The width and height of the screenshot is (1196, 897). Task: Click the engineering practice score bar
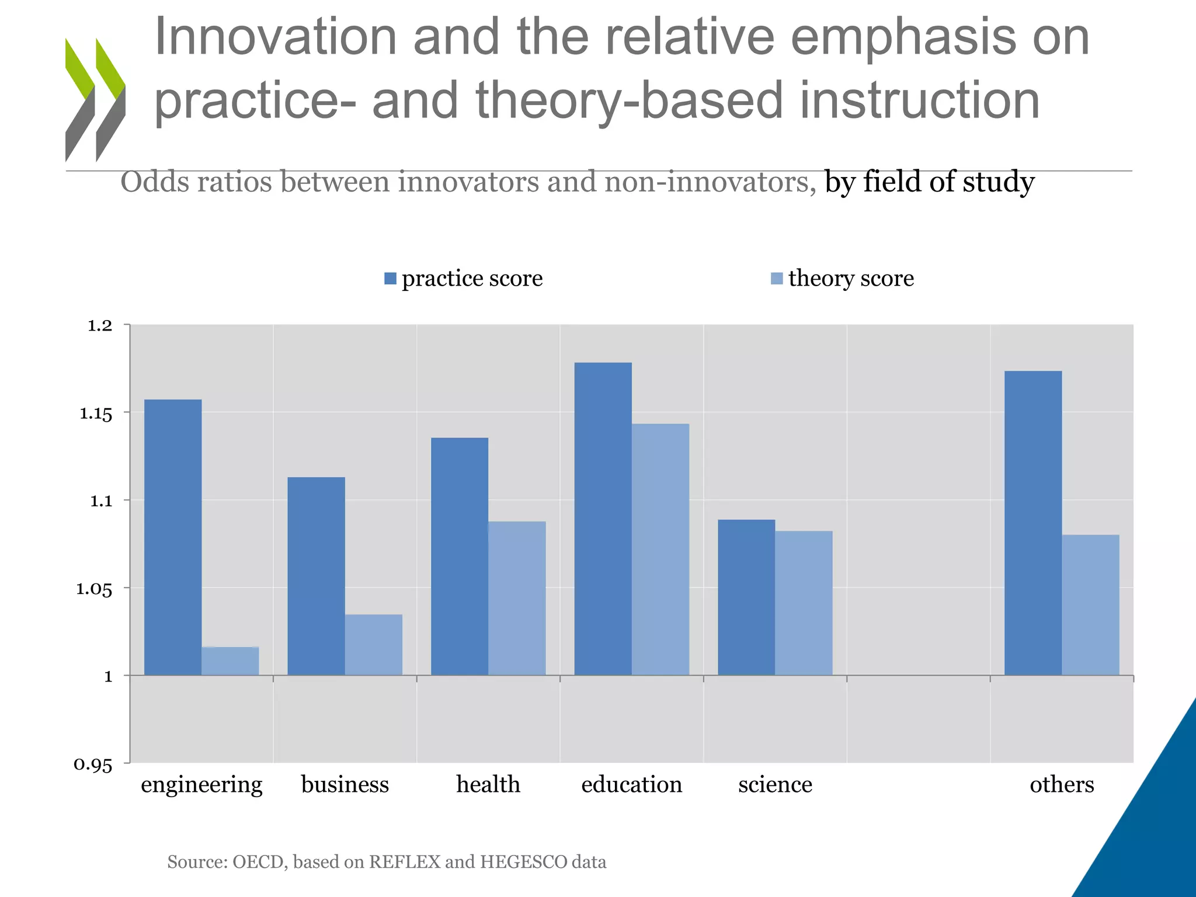pyautogui.click(x=173, y=537)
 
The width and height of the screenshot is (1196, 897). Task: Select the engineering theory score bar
pyautogui.click(x=230, y=661)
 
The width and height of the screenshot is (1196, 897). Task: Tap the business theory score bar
pyautogui.click(x=374, y=645)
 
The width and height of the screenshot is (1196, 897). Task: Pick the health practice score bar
pyautogui.click(x=460, y=556)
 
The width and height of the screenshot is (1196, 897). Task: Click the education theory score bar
pyautogui.click(x=660, y=549)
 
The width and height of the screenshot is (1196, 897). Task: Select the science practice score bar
pyautogui.click(x=746, y=597)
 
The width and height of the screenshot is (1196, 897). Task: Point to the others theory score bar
pyautogui.click(x=1090, y=604)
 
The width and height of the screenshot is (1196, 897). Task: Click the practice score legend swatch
pyautogui.click(x=390, y=279)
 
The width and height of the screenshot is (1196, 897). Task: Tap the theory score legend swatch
pyautogui.click(x=777, y=279)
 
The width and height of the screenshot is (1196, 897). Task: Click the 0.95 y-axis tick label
pyautogui.click(x=93, y=764)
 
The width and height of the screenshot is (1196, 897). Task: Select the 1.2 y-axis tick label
pyautogui.click(x=99, y=326)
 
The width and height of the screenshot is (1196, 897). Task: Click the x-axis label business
pyautogui.click(x=345, y=784)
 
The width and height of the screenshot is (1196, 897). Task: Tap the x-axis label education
pyautogui.click(x=631, y=784)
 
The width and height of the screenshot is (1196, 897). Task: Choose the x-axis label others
pyautogui.click(x=1062, y=784)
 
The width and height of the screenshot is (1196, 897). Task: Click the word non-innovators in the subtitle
pyautogui.click(x=710, y=182)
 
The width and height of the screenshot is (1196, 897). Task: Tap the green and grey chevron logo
pyautogui.click(x=95, y=99)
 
